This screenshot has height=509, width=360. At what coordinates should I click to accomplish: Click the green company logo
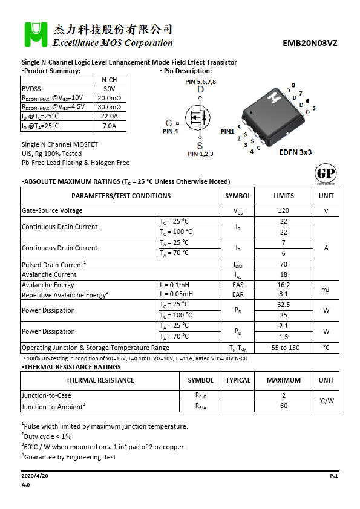(x=36, y=34)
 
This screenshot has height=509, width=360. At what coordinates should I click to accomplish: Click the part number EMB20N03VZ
(x=310, y=44)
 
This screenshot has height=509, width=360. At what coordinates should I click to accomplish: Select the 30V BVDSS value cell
(x=110, y=88)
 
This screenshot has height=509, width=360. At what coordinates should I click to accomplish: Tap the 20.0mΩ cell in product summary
(x=110, y=97)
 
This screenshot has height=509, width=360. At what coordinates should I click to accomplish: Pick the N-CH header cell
(x=110, y=80)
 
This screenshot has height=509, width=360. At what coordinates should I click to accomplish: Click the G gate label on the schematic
(x=169, y=123)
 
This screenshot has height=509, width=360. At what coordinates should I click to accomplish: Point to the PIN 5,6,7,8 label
(x=200, y=82)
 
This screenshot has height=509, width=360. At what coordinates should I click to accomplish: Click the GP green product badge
(x=326, y=173)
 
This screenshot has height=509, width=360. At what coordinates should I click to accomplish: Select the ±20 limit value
(x=283, y=211)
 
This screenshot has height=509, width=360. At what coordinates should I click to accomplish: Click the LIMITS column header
(x=283, y=196)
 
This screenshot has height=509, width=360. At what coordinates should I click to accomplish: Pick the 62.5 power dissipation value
(x=283, y=305)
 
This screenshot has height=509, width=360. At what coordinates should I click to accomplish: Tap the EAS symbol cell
(x=238, y=285)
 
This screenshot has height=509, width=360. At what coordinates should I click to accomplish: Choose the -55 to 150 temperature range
(x=283, y=348)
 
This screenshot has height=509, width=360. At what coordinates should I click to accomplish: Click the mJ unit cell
(x=326, y=290)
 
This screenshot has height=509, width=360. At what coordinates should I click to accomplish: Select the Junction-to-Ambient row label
(x=54, y=406)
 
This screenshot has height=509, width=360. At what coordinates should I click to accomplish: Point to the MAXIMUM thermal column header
(x=283, y=380)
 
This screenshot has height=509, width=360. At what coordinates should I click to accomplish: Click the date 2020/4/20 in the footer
(x=34, y=476)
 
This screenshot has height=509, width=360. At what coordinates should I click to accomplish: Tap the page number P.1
(x=333, y=476)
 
